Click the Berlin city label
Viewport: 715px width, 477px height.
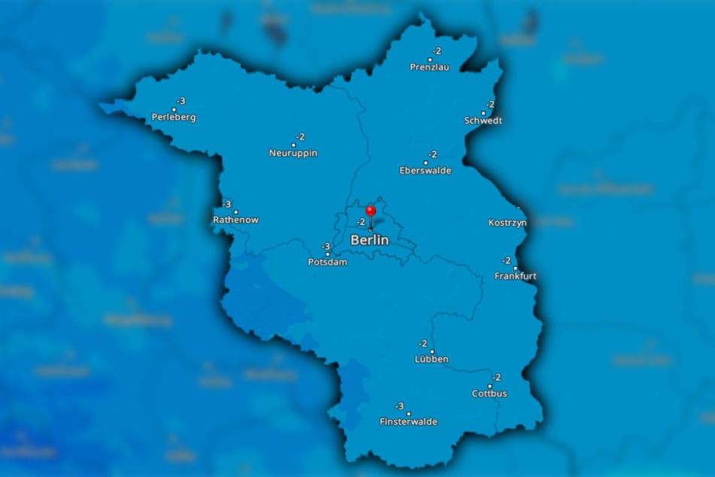[370, 241]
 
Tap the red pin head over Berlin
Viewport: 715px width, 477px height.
[370, 211]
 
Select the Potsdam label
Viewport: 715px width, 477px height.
[328, 263]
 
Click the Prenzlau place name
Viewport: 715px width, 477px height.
[429, 67]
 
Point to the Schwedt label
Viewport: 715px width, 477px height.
[483, 120]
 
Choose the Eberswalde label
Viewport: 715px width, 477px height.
[426, 171]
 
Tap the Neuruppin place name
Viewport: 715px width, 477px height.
[293, 153]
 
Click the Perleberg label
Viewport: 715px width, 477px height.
[174, 117]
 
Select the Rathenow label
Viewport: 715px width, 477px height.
[236, 220]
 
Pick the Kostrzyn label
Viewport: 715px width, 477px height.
[507, 223]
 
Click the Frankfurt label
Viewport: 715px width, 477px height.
[516, 276]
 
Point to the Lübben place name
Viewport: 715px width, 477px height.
[432, 360]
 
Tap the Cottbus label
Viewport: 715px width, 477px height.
[489, 393]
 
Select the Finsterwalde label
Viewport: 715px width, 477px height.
[408, 422]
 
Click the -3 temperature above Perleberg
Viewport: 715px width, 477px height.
[180, 101]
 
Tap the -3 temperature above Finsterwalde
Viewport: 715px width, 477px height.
[399, 406]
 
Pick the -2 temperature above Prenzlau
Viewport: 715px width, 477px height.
[436, 51]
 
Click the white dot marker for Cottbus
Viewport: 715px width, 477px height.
[489, 386]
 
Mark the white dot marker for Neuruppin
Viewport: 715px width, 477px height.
[293, 145]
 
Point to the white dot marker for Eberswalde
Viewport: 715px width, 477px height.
[426, 163]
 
